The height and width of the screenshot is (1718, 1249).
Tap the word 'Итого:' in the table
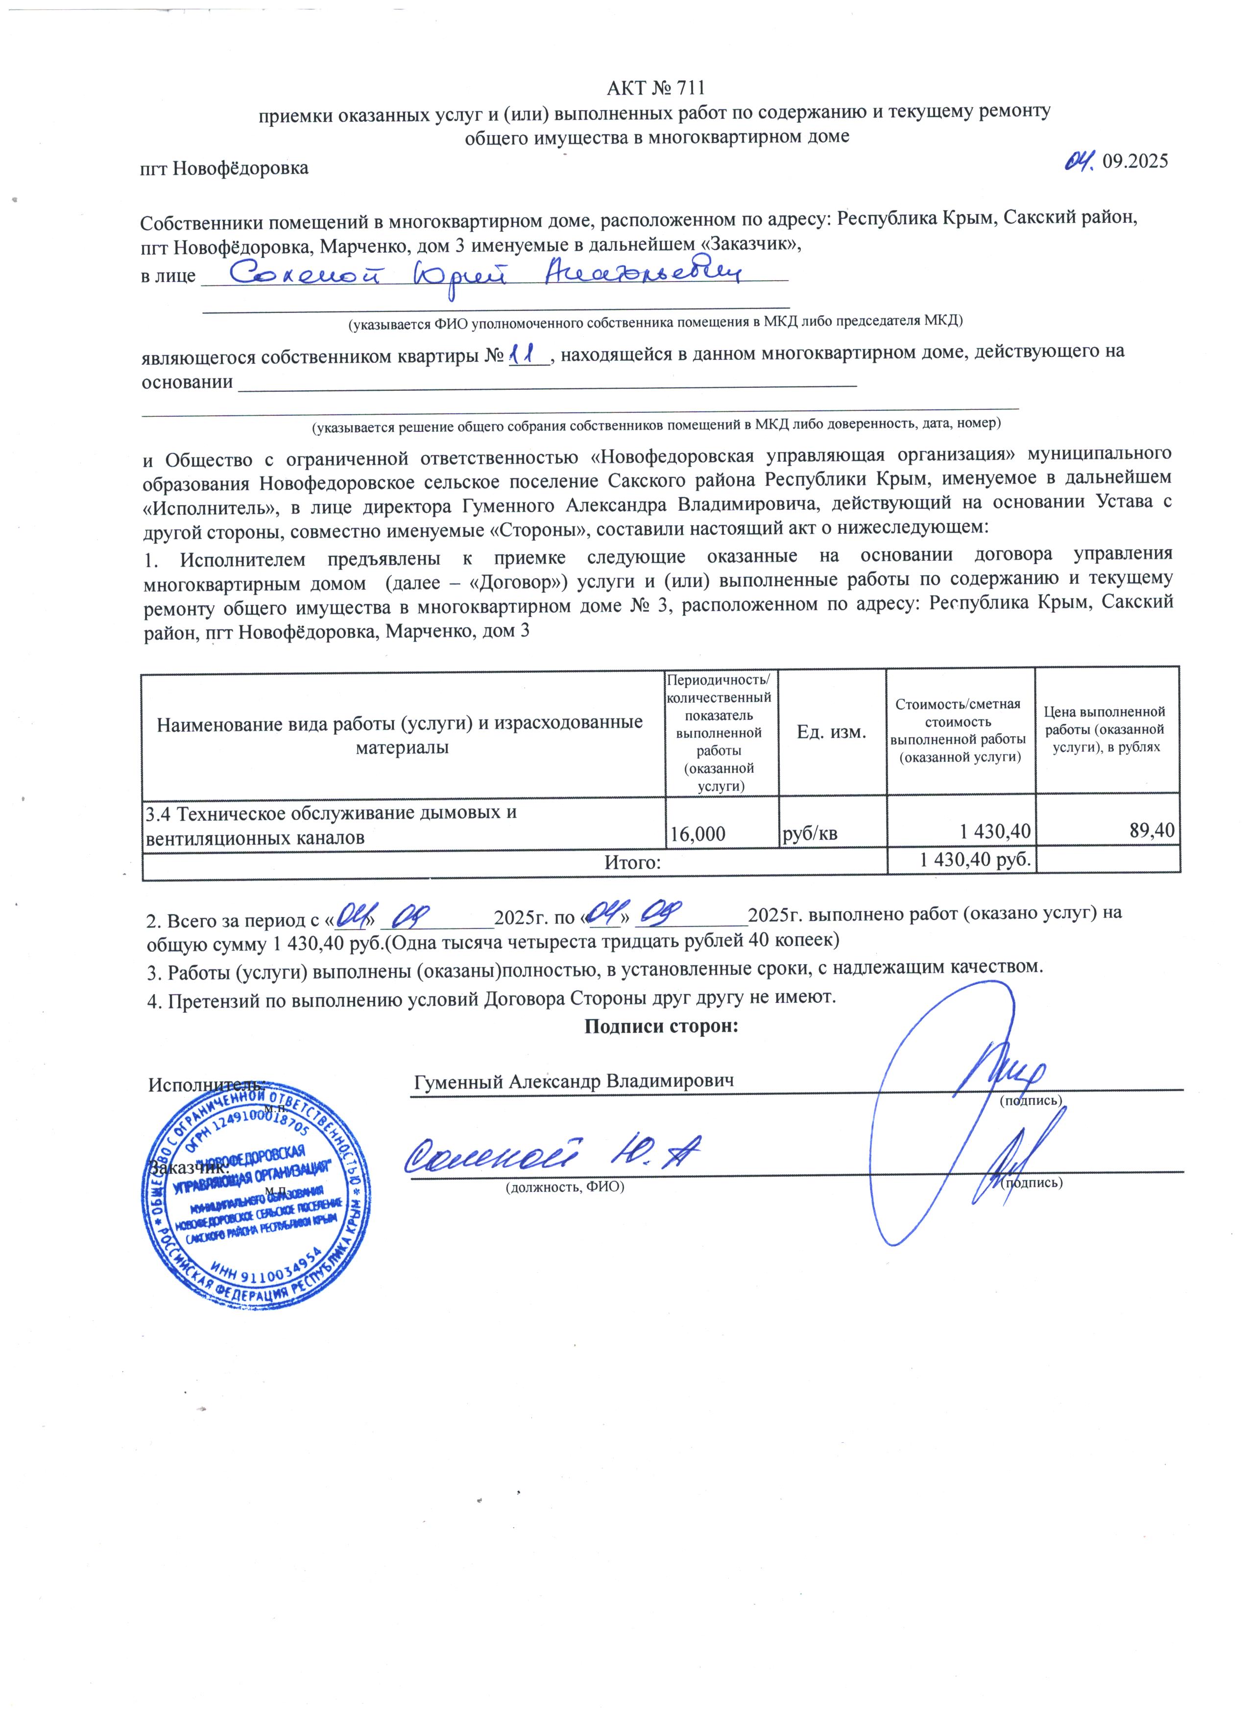point(632,862)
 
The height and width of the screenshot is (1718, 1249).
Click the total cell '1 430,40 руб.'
point(975,860)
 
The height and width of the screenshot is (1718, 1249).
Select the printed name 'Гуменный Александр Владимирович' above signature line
point(574,1081)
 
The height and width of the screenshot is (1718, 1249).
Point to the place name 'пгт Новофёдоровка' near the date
point(224,167)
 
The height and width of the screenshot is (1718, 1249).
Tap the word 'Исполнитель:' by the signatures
point(206,1085)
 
